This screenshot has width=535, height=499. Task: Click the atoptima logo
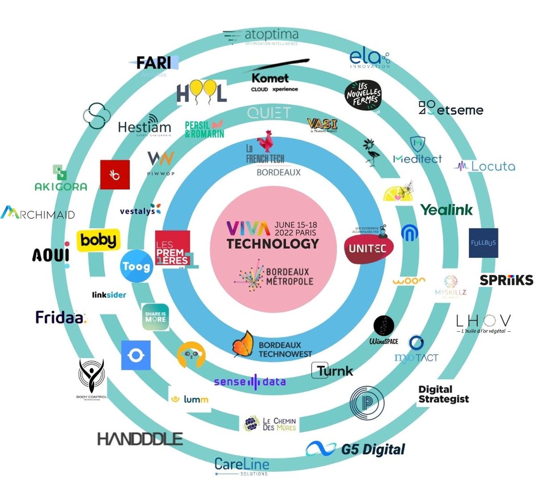pos(261,36)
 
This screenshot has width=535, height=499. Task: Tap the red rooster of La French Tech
pos(268,141)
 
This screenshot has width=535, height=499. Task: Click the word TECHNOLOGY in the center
pos(273,244)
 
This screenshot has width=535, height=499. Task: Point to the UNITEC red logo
pos(368,248)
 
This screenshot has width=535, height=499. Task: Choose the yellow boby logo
pos(99,240)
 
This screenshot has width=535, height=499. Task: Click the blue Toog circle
pos(136,267)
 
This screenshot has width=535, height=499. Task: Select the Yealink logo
pos(446,210)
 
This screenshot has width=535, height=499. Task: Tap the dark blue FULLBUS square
pos(483,243)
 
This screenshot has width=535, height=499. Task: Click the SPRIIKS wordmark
pos(506,280)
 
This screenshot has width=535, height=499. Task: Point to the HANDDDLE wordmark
pos(140,439)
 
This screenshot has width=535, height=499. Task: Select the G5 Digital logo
pos(356,449)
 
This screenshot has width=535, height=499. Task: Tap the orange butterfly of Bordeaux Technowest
pos(243,343)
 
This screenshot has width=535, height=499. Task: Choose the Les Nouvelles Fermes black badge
pos(364,95)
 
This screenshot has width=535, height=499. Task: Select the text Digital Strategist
pos(443,394)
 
